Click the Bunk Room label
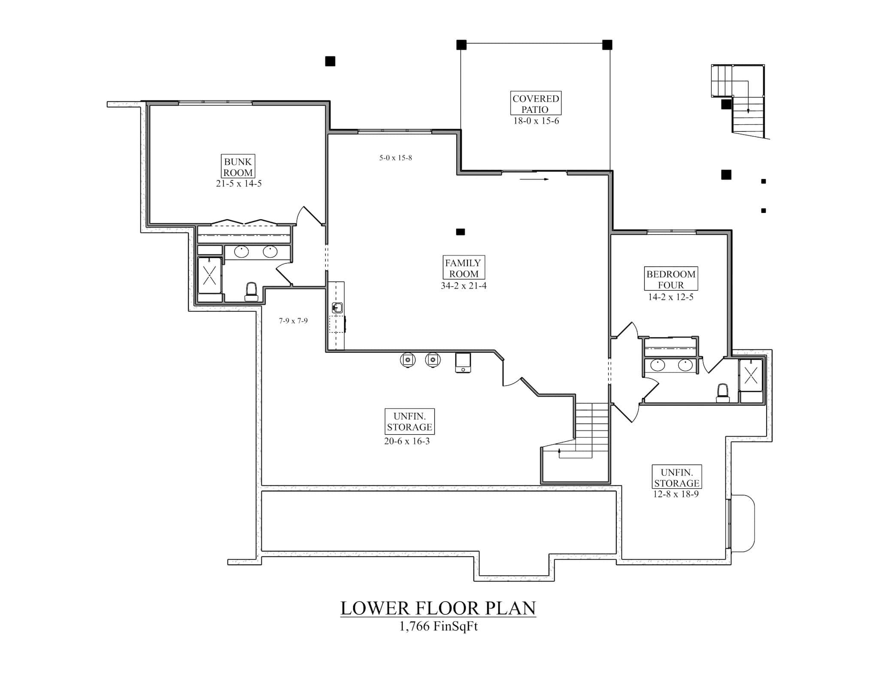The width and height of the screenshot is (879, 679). (x=238, y=167)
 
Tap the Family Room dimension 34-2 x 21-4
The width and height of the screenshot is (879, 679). (x=464, y=286)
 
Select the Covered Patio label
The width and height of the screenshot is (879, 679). (x=536, y=103)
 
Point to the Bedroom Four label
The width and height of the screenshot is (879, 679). (x=670, y=279)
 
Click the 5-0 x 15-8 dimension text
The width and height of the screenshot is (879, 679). (x=395, y=158)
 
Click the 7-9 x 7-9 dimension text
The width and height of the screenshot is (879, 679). (x=293, y=321)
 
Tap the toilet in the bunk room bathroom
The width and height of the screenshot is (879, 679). (x=251, y=291)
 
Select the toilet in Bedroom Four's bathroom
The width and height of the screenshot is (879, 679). (x=723, y=392)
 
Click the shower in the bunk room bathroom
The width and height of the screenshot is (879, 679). (x=209, y=275)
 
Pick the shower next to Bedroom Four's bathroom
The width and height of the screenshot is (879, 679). (x=751, y=375)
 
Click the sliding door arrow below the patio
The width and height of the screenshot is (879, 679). (x=534, y=179)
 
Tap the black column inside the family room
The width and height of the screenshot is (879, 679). (x=460, y=232)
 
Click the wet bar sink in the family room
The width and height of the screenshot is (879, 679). (x=337, y=307)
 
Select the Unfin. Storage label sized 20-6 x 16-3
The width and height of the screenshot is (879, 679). (x=409, y=421)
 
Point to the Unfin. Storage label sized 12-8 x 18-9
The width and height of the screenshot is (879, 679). (x=676, y=477)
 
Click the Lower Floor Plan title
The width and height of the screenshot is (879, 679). (x=438, y=608)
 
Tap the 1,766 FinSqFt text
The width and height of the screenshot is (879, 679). (x=438, y=626)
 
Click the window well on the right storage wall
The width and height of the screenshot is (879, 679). (x=743, y=523)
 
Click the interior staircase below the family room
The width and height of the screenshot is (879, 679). (x=591, y=429)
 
